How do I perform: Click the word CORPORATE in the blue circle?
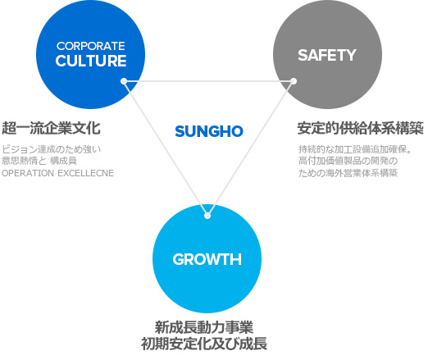pyautogui.click(x=91, y=46)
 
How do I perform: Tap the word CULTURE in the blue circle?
pyautogui.click(x=91, y=61)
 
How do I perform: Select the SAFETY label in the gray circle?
pyautogui.click(x=327, y=55)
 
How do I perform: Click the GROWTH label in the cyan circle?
pyautogui.click(x=207, y=259)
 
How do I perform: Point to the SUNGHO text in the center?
pyautogui.click(x=209, y=131)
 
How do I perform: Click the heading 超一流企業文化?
pyautogui.click(x=51, y=128)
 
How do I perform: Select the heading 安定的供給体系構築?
pyautogui.click(x=361, y=128)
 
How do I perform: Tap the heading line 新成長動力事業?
pyautogui.click(x=204, y=327)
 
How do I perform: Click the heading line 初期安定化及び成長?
pyautogui.click(x=204, y=344)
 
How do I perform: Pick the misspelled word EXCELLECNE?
pyautogui.click(x=86, y=173)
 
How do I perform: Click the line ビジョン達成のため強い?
pyautogui.click(x=52, y=149)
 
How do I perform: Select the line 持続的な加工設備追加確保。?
pyautogui.click(x=355, y=149)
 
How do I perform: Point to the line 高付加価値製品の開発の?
pyautogui.click(x=348, y=161)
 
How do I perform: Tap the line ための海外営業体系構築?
pyautogui.click(x=348, y=173)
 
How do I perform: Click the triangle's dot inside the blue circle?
pyautogui.click(x=124, y=81)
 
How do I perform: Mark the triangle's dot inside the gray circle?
pyautogui.click(x=294, y=81)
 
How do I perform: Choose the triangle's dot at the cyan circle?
pyautogui.click(x=207, y=216)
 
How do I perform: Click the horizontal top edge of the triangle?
pyautogui.click(x=208, y=81)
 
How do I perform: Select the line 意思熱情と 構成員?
pyautogui.click(x=39, y=161)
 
